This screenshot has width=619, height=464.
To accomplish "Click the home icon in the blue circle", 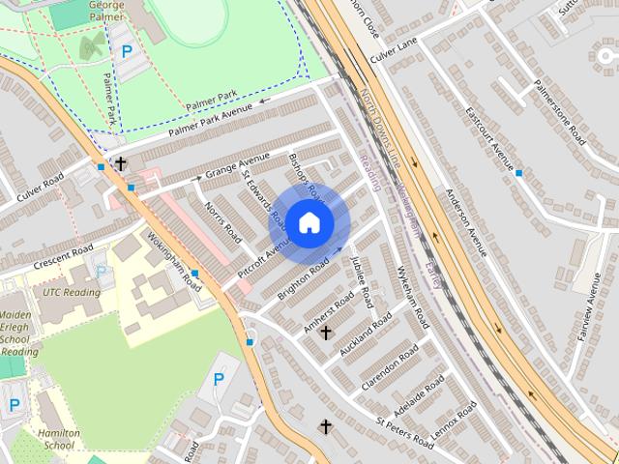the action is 309,222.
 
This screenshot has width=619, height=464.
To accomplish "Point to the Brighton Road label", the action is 306,275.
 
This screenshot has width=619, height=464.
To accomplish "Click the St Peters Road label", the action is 406,432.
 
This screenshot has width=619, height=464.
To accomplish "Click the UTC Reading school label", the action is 72,292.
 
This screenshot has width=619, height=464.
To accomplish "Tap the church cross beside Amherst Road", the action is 326,333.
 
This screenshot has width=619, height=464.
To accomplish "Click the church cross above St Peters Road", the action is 326,426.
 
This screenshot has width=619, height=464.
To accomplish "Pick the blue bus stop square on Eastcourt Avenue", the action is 519,173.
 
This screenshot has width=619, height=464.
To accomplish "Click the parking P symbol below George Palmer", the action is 126,51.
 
